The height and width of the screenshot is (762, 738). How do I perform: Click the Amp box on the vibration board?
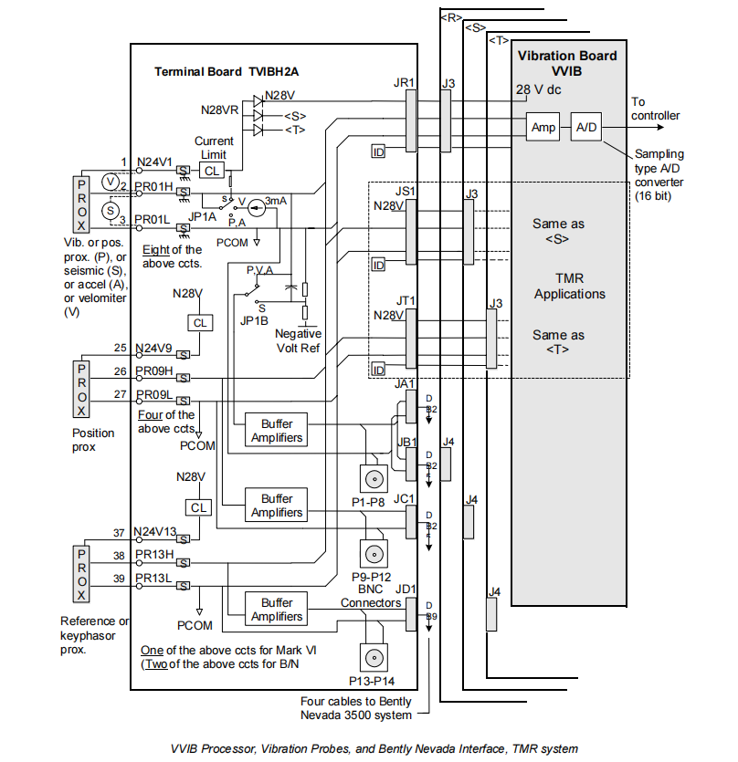tap(543, 128)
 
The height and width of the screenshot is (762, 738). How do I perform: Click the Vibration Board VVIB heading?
tap(567, 62)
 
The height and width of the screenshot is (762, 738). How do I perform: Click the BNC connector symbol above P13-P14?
tap(373, 658)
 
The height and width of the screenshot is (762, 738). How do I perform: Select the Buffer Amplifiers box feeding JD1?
tap(276, 610)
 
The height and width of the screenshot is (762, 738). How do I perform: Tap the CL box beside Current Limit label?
tap(211, 171)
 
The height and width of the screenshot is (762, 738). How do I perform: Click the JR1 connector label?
tap(404, 83)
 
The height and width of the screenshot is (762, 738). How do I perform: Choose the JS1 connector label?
tap(404, 193)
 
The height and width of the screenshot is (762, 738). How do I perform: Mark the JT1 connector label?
tap(404, 300)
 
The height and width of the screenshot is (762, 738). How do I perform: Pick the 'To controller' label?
tap(655, 109)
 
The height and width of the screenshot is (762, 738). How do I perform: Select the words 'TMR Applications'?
tap(569, 287)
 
